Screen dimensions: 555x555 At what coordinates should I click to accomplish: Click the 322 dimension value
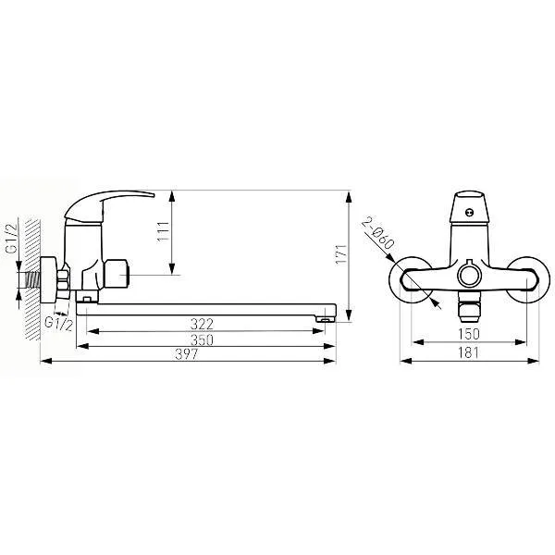pos(202,324)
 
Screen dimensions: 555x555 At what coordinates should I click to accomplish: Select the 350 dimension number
pos(202,339)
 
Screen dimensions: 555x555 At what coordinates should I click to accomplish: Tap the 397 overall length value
pos(187,354)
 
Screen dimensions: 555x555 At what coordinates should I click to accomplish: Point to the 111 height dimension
pos(163,232)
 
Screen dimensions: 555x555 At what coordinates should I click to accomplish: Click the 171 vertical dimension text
pos(341,254)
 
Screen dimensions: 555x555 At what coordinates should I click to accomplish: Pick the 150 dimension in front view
pos(469,334)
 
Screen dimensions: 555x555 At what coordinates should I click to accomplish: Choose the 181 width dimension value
pos(468,353)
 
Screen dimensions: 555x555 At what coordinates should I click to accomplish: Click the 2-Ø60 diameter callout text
pos(378,234)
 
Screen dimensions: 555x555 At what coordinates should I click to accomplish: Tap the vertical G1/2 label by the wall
pos(12,239)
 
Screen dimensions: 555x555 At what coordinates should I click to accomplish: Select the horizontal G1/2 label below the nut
pos(59,324)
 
